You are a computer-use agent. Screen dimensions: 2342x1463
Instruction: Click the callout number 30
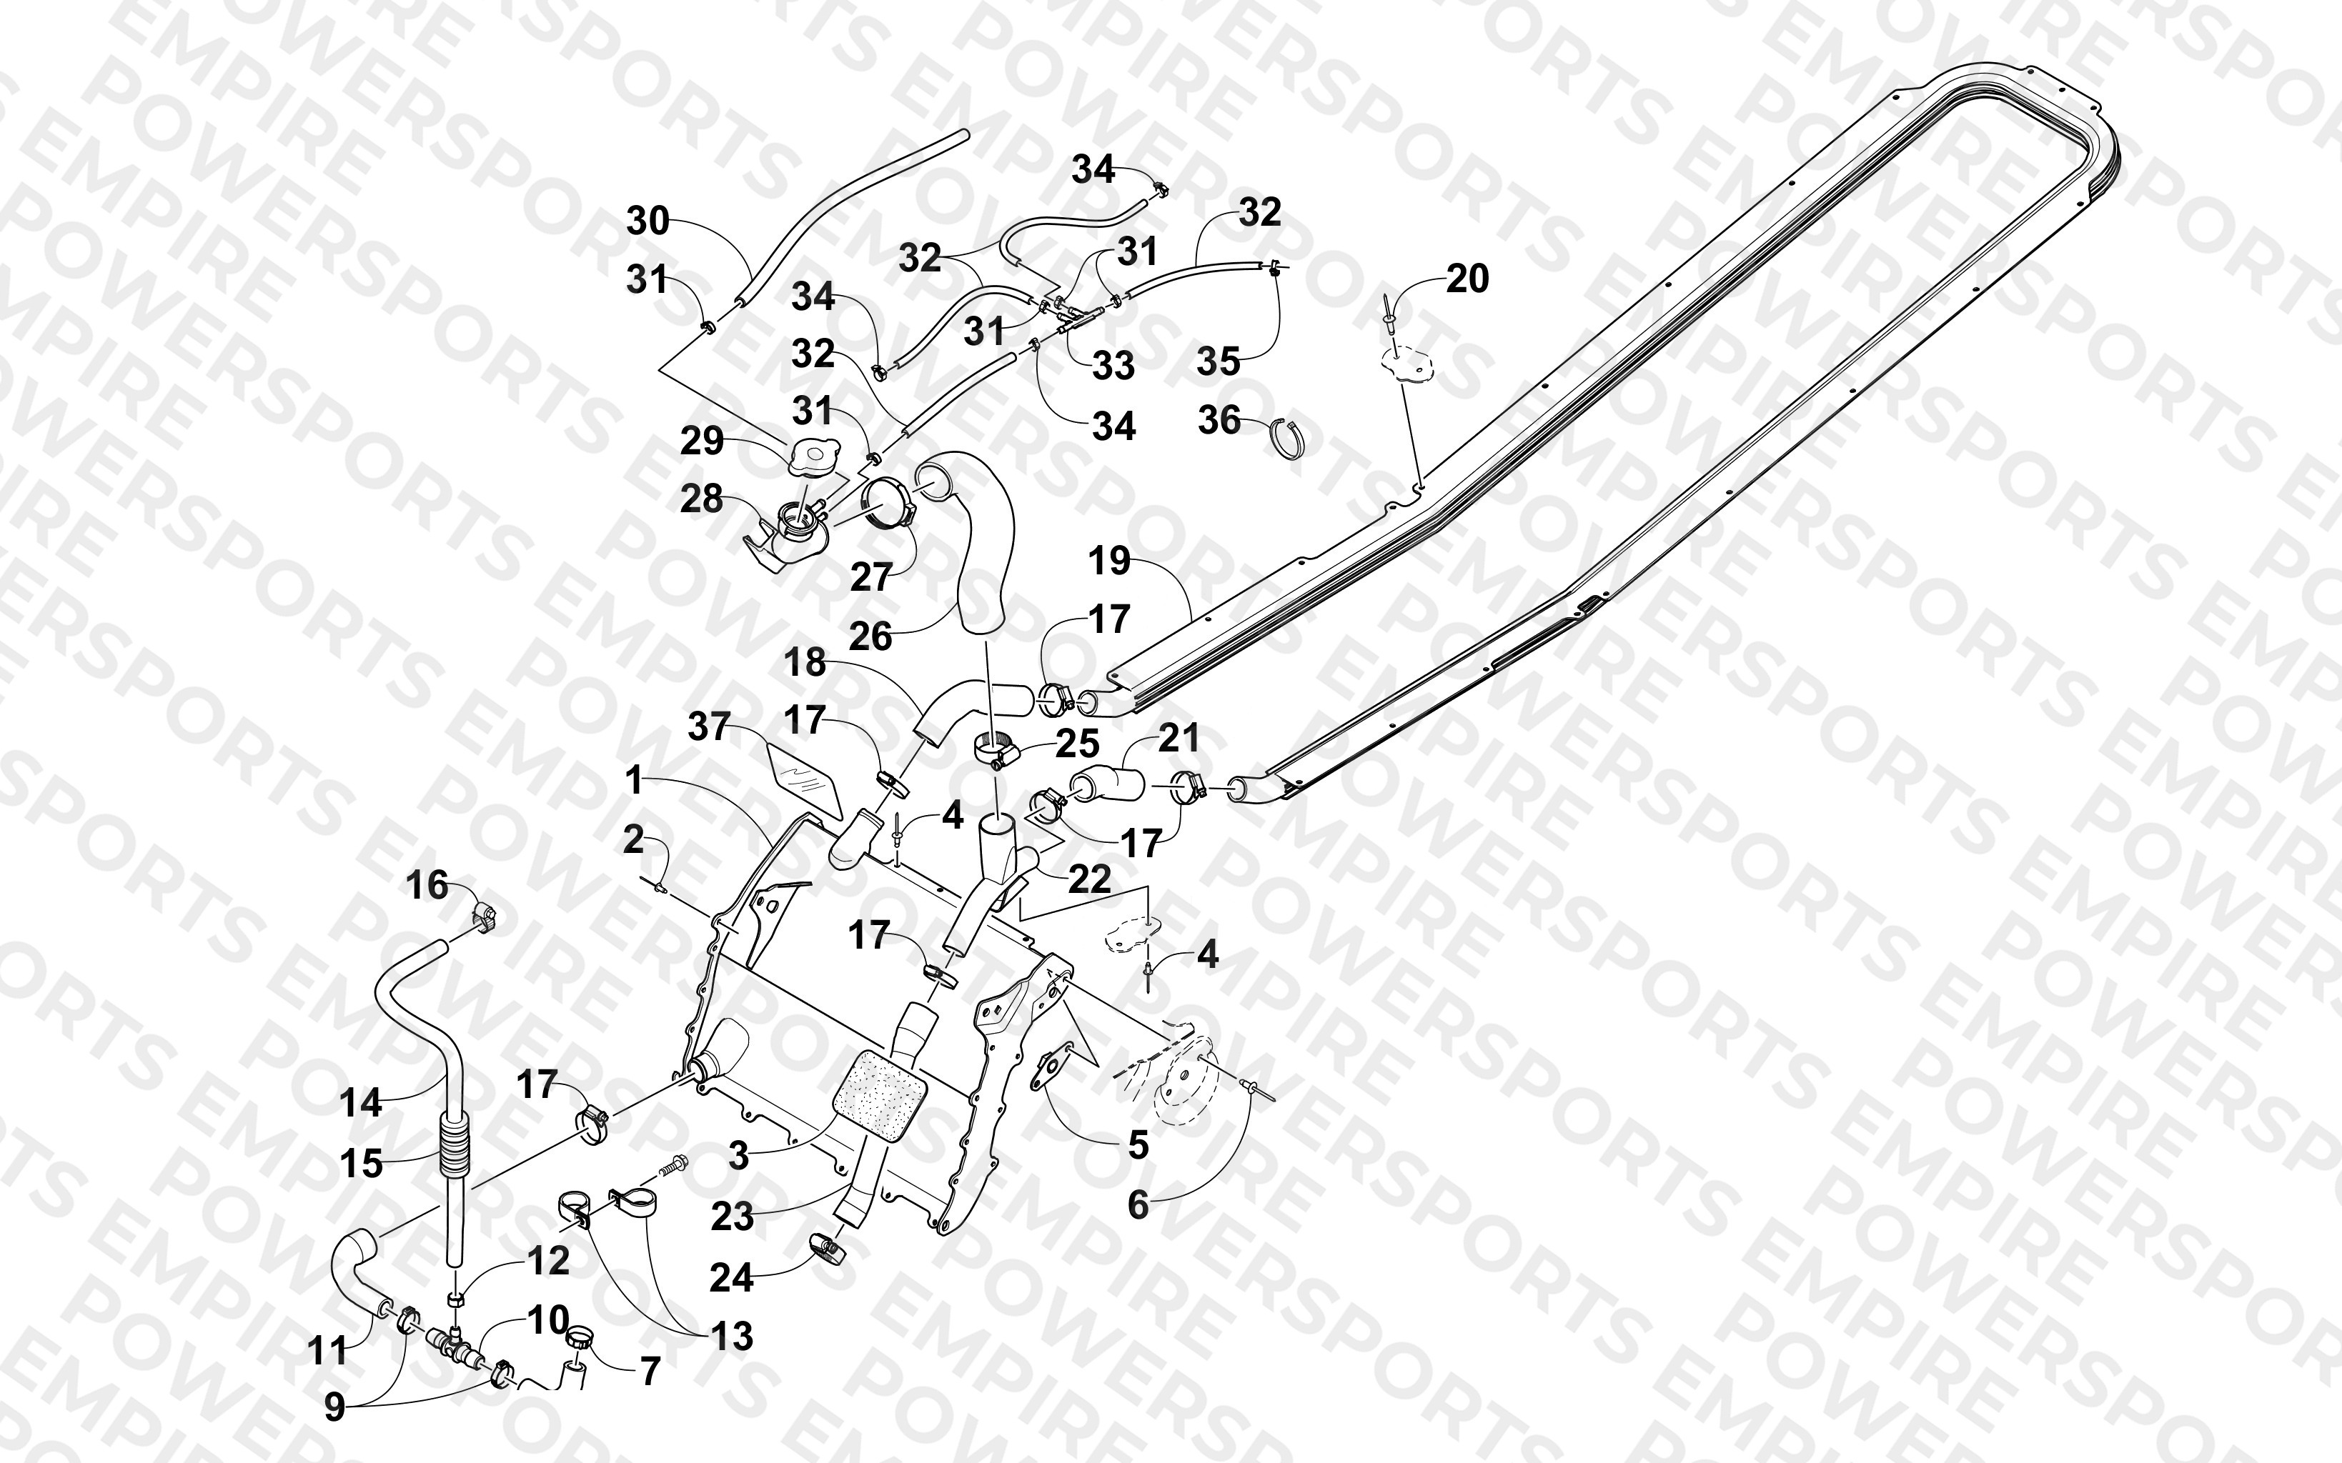pos(647,221)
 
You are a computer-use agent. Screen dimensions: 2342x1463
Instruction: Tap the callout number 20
pos(1467,279)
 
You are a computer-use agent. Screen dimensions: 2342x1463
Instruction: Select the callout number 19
pos(1109,561)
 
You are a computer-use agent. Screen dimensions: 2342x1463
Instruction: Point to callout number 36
pos(1219,420)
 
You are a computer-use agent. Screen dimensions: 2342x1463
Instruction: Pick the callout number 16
pos(427,885)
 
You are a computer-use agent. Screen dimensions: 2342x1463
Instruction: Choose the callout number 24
pos(732,1278)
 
